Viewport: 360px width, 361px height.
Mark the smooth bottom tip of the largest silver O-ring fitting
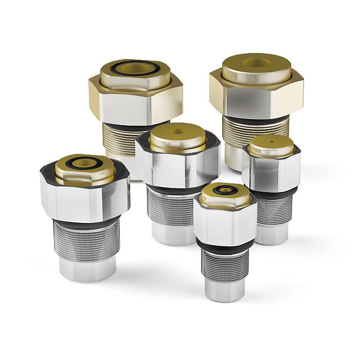87,269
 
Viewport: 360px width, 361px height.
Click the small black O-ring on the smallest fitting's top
224,190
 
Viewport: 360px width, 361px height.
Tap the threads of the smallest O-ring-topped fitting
225,263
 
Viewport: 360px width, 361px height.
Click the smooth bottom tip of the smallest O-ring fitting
225,290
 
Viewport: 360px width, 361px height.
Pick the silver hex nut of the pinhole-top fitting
271,170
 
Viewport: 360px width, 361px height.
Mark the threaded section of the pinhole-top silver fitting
272,209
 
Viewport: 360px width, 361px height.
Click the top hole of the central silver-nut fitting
178,132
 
